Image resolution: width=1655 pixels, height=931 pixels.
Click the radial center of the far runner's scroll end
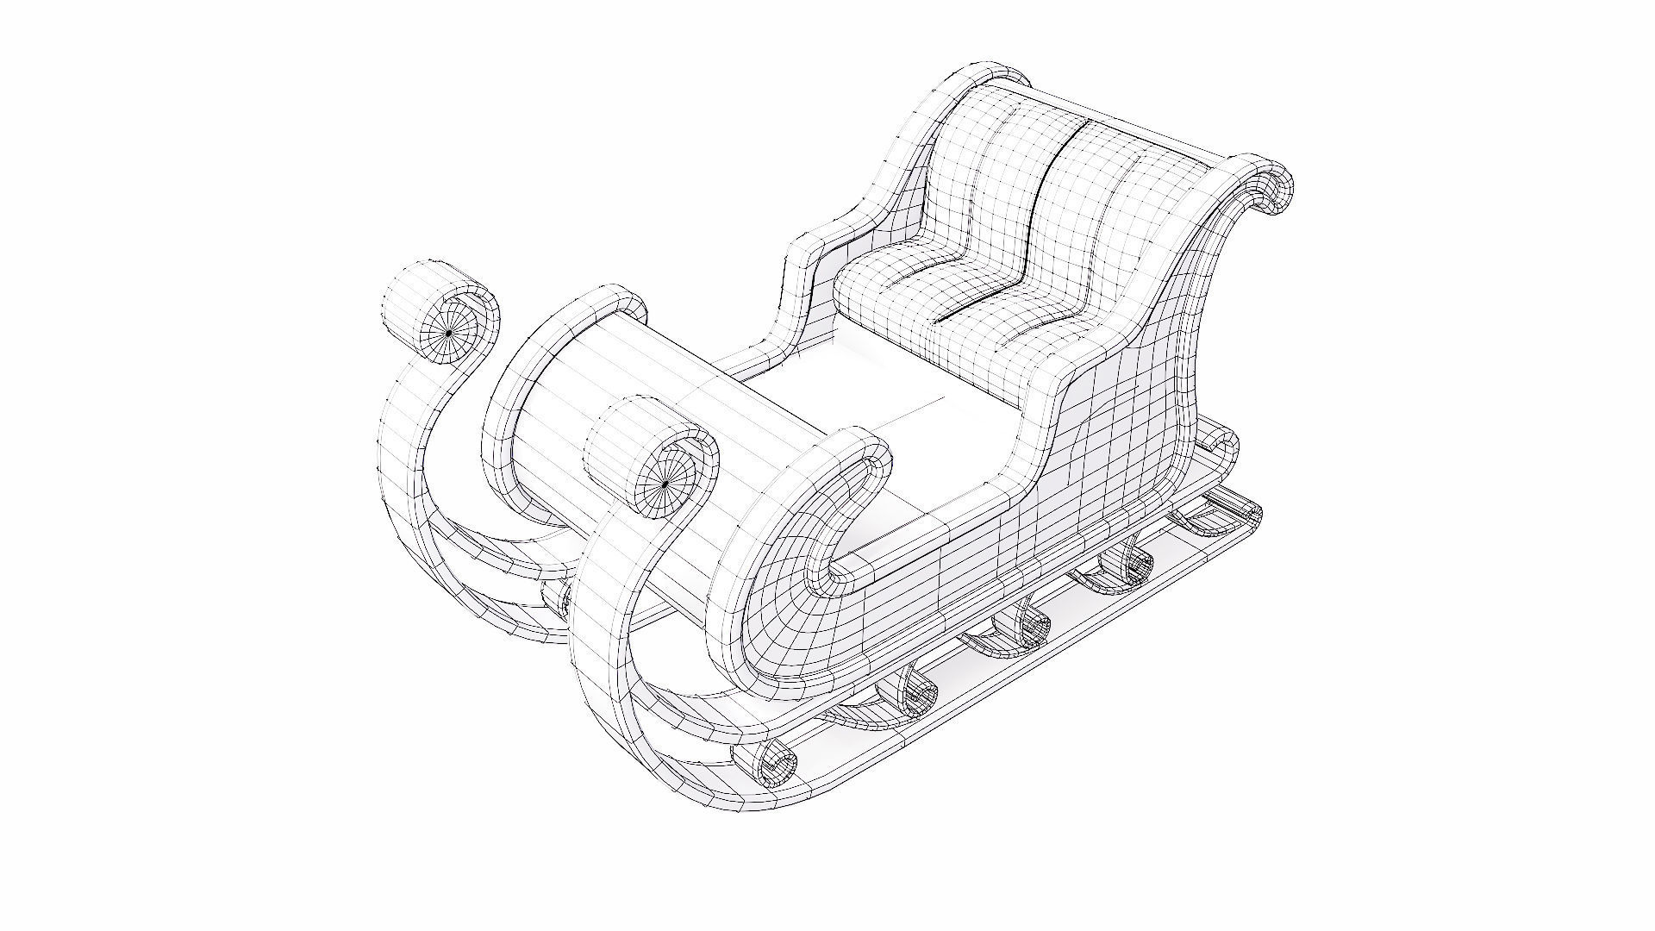[x=448, y=333]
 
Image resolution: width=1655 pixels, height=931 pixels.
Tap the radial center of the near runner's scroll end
[x=664, y=486]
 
